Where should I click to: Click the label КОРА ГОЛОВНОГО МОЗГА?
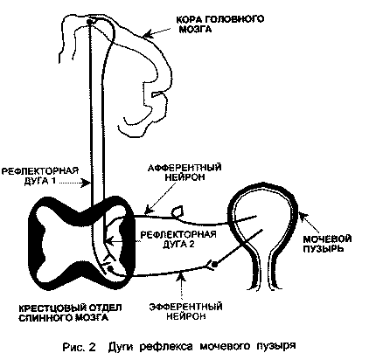click(219, 24)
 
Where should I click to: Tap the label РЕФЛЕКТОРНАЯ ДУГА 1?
click(40, 176)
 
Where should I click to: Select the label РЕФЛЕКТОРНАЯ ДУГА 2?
click(178, 239)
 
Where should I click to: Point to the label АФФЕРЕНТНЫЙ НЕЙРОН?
click(185, 172)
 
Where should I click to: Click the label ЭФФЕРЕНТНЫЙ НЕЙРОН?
click(186, 311)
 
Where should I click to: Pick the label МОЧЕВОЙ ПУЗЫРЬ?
click(327, 244)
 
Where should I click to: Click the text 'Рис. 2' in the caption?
click(79, 347)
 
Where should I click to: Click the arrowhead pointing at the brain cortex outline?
click(148, 35)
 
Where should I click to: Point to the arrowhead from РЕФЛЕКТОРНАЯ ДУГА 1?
click(87, 183)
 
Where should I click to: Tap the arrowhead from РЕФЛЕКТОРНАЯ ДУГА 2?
click(109, 241)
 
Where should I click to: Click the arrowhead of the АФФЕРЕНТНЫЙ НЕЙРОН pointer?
click(149, 210)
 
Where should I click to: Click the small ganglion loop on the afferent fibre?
click(177, 211)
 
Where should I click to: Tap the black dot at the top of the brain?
click(90, 22)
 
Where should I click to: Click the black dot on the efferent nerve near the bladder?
click(214, 265)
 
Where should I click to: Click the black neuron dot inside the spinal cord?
click(110, 269)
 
